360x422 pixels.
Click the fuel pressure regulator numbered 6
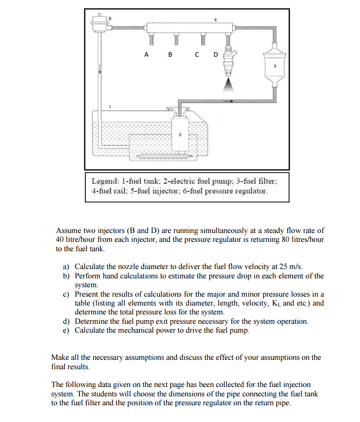click(x=100, y=22)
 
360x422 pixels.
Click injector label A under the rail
click(x=146, y=55)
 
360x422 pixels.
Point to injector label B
click(x=170, y=55)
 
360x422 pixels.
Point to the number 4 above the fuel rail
click(x=215, y=19)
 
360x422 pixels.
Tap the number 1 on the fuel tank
click(x=110, y=107)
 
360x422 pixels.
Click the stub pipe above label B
click(x=176, y=38)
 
